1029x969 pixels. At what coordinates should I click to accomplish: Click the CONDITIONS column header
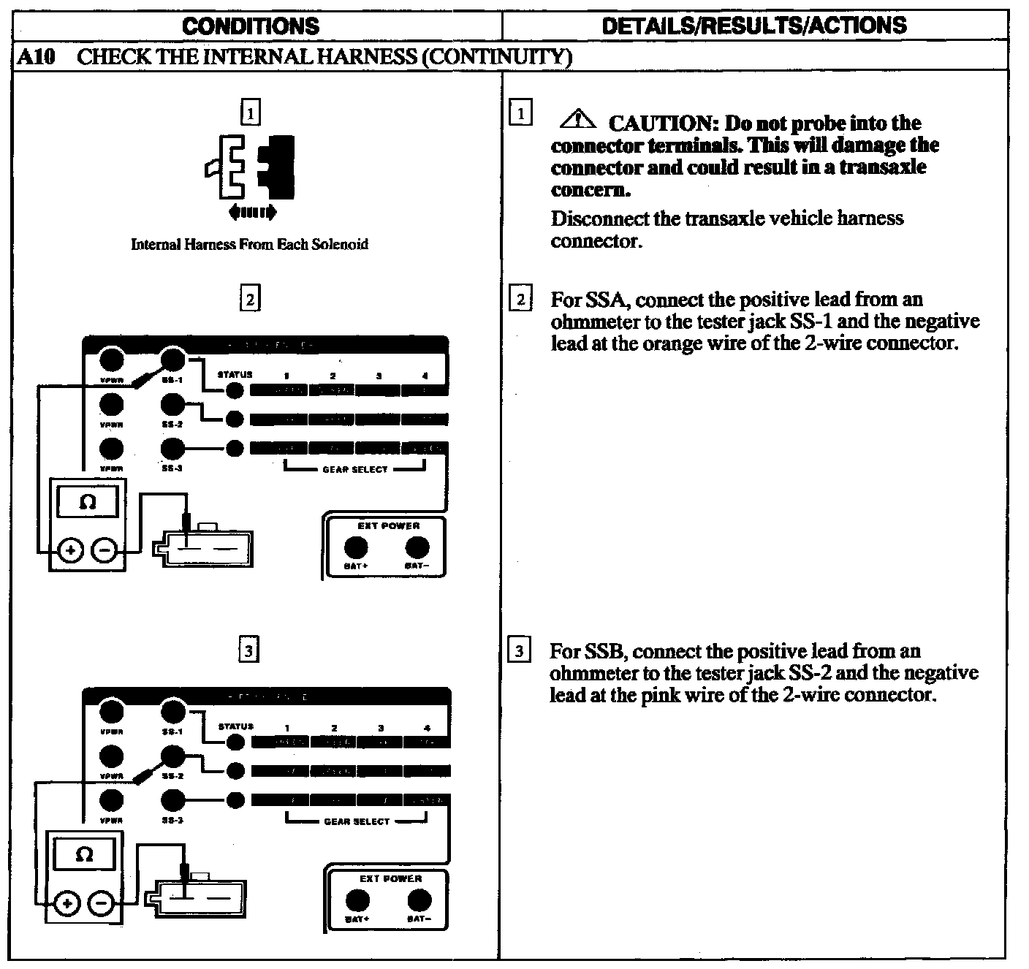tap(251, 26)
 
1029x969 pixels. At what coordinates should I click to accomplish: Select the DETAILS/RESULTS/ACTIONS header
tap(754, 26)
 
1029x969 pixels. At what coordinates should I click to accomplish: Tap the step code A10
tap(36, 57)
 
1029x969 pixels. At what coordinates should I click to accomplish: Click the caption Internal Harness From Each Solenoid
tap(249, 244)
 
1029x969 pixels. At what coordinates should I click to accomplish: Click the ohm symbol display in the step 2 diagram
tap(88, 503)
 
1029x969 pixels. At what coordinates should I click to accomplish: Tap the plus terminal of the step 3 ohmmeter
tap(67, 903)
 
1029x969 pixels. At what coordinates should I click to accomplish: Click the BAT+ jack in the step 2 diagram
tap(356, 547)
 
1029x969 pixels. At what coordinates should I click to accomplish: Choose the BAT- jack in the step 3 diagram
tap(419, 900)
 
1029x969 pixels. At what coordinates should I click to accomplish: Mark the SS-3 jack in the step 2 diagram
tap(172, 448)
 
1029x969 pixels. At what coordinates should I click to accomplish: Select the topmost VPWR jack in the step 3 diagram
tap(111, 711)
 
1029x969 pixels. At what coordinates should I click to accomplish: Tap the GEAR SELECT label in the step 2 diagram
tap(355, 470)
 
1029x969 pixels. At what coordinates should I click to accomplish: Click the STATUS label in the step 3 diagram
tap(235, 726)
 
